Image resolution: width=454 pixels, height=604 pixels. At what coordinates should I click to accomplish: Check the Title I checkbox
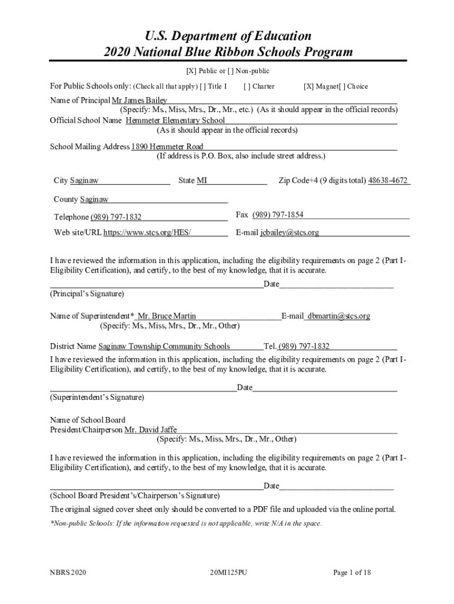pos(203,87)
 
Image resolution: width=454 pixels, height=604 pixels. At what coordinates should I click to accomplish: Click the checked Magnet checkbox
pos(308,87)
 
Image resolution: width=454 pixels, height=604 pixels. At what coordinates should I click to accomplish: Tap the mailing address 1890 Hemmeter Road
pos(167,146)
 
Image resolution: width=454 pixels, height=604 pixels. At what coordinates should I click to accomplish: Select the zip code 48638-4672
pos(388,180)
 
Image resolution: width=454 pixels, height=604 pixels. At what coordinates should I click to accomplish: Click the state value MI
pos(202,180)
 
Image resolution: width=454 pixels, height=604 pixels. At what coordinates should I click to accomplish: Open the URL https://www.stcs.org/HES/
pos(147,232)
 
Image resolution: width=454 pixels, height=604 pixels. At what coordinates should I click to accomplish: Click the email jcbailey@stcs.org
pos(289,232)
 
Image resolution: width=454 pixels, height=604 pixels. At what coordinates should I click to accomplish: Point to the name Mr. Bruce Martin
pos(167,316)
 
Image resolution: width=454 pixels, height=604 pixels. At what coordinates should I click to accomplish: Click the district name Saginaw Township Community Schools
pos(164,346)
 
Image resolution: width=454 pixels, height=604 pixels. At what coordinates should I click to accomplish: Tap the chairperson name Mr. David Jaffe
pos(150,429)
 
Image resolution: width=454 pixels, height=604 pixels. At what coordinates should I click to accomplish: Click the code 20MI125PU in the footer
pos(228,572)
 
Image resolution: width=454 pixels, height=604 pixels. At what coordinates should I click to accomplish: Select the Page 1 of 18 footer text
pos(351,572)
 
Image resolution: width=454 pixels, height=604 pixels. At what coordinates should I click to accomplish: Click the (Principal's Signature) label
pos(87,293)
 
